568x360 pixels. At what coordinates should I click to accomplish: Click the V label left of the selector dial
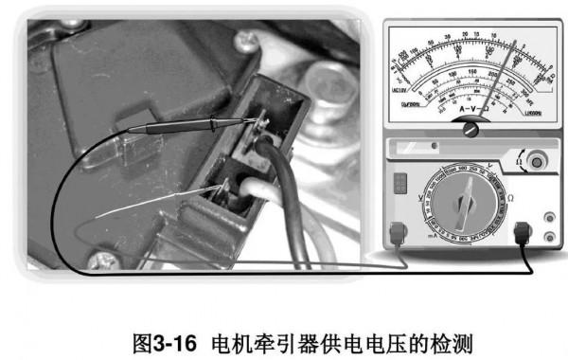pyautogui.click(x=417, y=193)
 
